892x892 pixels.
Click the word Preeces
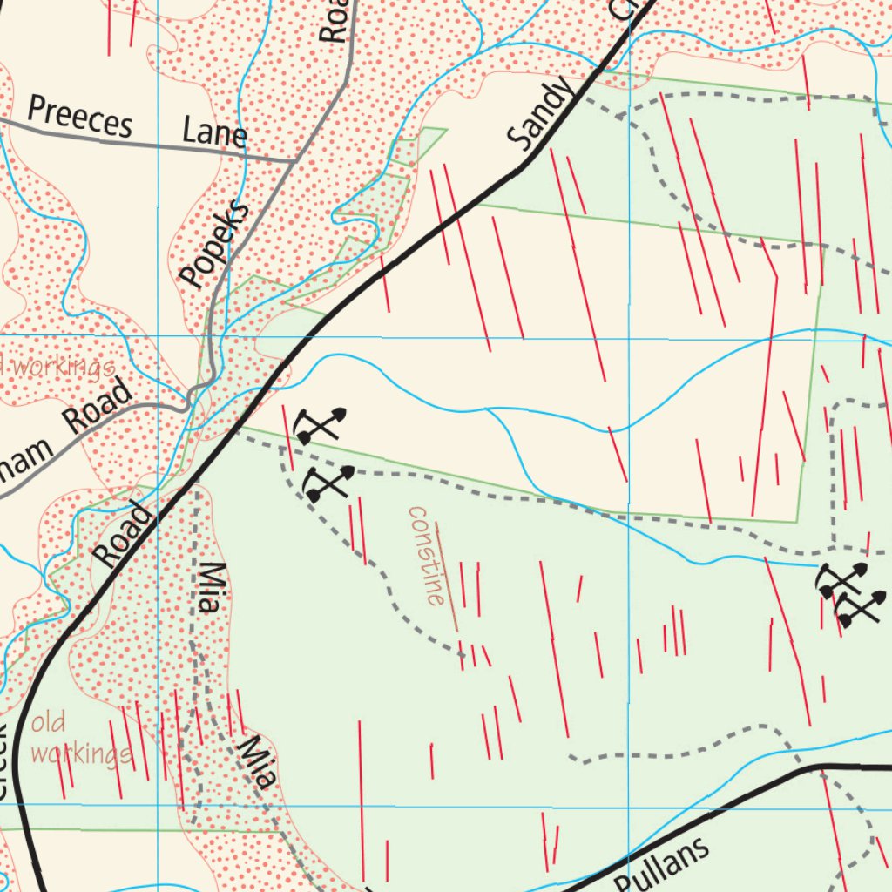(x=79, y=117)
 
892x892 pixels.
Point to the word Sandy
(x=541, y=113)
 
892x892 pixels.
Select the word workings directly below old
(x=80, y=753)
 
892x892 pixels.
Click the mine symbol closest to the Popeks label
(x=319, y=426)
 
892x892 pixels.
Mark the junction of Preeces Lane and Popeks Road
(x=291, y=161)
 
